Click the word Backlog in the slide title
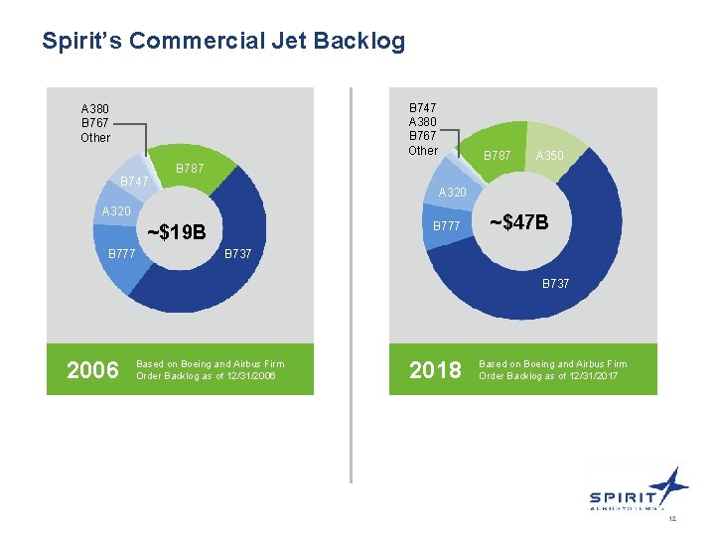pos(360,41)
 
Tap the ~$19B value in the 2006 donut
pos(176,232)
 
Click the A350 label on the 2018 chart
pos(549,156)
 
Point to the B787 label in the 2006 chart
pos(190,169)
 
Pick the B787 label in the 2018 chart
pos(497,156)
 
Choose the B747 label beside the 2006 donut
pos(134,182)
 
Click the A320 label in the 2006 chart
pos(116,211)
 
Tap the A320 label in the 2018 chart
pos(453,193)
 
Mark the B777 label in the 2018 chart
pos(446,226)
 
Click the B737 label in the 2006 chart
pos(237,254)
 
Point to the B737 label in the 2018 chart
pos(555,284)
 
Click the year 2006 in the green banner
pos(91,370)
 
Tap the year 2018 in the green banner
pos(435,370)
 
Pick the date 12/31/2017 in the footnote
pos(591,376)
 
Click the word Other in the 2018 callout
pos(423,151)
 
